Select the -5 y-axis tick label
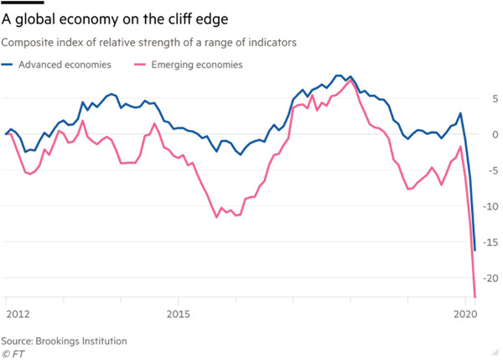click(493, 170)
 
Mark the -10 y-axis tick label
click(490, 206)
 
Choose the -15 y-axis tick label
click(490, 243)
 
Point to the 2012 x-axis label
click(18, 314)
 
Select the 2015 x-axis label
click(180, 314)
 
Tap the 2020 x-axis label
click(464, 314)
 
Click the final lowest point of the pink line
click(475, 295)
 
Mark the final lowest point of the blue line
click(475, 250)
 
